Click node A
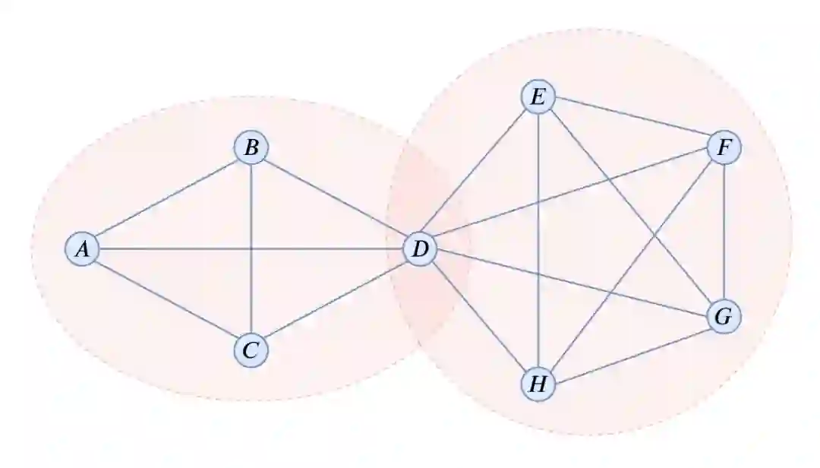click(x=83, y=248)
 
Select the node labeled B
click(x=251, y=147)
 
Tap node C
click(x=251, y=349)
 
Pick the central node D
click(x=420, y=248)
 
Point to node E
click(x=538, y=97)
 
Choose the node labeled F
click(x=724, y=147)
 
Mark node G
click(x=724, y=317)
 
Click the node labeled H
click(x=538, y=384)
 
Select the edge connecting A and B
click(x=166, y=198)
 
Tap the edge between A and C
click(x=166, y=299)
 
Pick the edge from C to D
click(x=335, y=299)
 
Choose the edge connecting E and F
click(x=631, y=122)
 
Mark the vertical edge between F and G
click(x=724, y=232)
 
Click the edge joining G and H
click(x=631, y=351)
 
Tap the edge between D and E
click(x=479, y=173)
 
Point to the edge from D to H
click(x=479, y=316)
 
